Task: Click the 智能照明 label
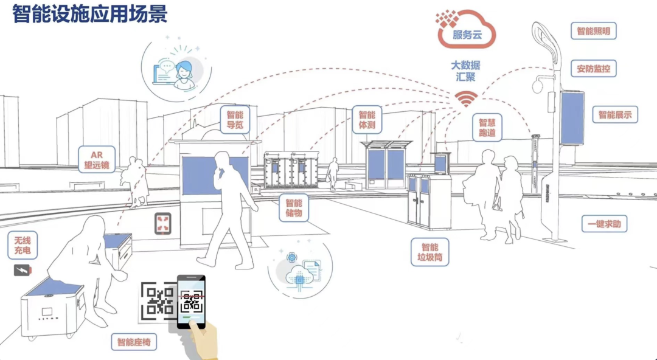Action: [x=593, y=30]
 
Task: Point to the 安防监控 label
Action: [x=593, y=69]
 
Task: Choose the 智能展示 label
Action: [x=615, y=114]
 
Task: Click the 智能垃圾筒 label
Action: [x=430, y=252]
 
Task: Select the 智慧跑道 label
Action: [x=487, y=128]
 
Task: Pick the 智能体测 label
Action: [x=367, y=120]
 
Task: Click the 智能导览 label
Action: [x=235, y=120]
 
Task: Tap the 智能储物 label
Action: [x=294, y=209]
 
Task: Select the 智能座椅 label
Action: [x=134, y=342]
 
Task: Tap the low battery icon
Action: [x=23, y=270]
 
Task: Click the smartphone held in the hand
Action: [x=191, y=302]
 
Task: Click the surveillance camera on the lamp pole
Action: [x=538, y=86]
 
